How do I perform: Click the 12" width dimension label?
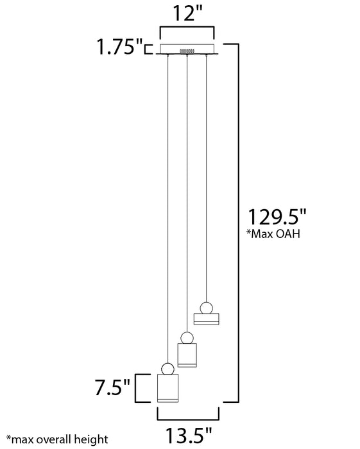point(187,13)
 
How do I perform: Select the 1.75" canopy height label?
point(120,46)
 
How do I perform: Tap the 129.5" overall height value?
point(277,217)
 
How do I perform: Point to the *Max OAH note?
point(273,233)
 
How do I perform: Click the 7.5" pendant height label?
point(112,387)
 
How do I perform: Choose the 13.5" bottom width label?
point(189,436)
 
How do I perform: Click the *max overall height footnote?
point(57,439)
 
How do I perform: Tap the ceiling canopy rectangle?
point(187,49)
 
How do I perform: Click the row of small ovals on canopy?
point(187,51)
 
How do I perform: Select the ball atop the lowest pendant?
point(167,369)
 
